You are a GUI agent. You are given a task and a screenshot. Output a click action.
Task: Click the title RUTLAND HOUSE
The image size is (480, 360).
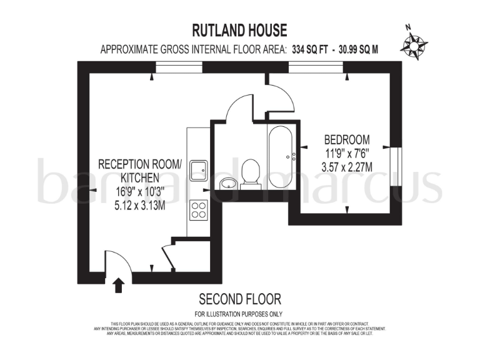coord(240,30)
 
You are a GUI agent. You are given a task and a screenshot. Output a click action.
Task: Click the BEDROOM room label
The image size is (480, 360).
coord(347,139)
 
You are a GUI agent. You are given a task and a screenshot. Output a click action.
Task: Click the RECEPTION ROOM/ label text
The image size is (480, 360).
coord(141,164)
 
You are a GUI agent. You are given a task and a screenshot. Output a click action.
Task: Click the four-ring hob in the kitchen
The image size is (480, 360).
coord(199,209)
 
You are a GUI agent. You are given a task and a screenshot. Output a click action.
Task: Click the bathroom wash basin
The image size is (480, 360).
coord(229,182)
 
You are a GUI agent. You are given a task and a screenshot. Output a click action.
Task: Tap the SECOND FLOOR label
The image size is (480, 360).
coord(239,299)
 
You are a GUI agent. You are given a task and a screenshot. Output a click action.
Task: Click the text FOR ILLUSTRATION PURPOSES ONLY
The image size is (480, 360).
coord(239,314)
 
